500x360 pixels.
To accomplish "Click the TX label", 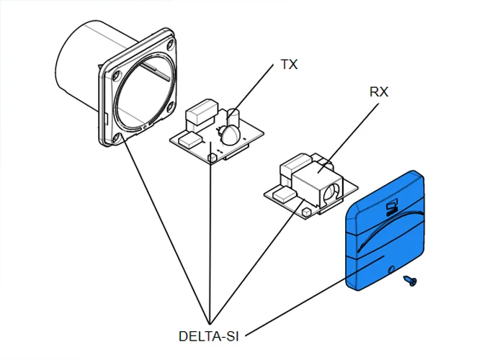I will (290, 65).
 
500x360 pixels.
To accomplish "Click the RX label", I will (379, 93).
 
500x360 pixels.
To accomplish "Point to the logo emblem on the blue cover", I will (391, 208).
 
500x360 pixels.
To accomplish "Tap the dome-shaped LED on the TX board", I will (230, 134).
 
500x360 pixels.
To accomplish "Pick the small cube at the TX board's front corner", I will (212, 156).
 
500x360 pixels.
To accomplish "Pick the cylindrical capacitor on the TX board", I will (233, 117).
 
